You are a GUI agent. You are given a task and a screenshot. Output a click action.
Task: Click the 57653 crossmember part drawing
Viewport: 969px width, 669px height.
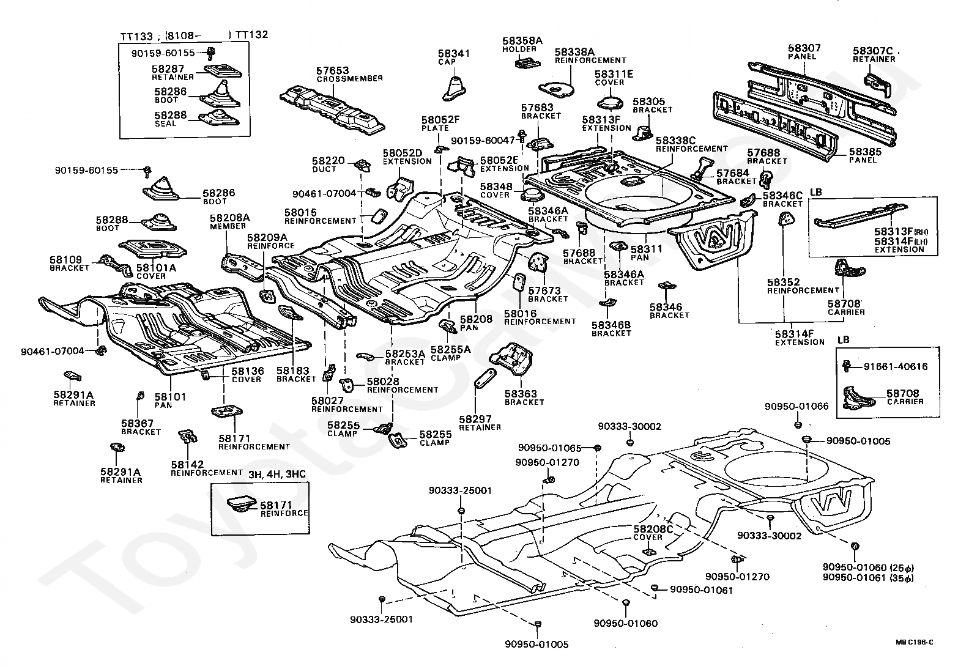tap(332, 110)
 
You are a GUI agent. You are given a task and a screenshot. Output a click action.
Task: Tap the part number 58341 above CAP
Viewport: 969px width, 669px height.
tap(454, 54)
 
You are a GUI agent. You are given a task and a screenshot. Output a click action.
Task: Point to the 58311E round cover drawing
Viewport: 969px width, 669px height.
tap(610, 103)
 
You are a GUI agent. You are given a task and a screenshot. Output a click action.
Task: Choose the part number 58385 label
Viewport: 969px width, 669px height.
tap(865, 152)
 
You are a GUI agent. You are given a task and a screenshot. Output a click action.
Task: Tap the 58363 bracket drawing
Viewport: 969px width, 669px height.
tap(511, 358)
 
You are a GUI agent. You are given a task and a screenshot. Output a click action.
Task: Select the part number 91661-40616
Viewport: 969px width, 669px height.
tap(896, 367)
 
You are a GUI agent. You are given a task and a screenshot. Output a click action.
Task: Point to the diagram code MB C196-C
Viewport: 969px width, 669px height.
tap(915, 643)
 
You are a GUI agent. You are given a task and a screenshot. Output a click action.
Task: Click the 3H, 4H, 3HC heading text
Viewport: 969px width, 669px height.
tap(277, 474)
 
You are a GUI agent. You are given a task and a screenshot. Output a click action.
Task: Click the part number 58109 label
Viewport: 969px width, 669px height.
tap(65, 259)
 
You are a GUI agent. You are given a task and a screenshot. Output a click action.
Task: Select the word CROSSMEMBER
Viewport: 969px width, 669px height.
tap(349, 79)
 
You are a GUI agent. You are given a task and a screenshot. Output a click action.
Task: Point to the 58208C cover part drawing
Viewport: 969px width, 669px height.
tap(649, 552)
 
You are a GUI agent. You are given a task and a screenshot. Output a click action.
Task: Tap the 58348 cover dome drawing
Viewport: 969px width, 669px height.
tap(531, 194)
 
